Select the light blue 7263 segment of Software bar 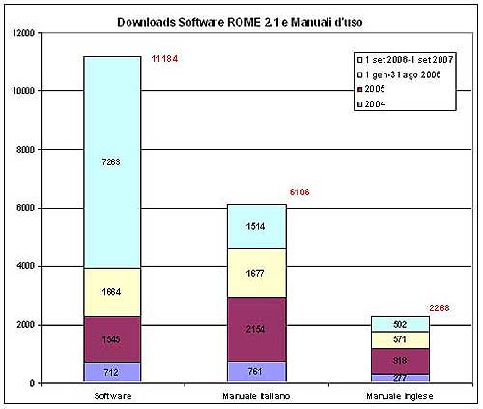[112, 161]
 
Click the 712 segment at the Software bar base [112, 372]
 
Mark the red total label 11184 [165, 60]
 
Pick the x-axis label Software [112, 395]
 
